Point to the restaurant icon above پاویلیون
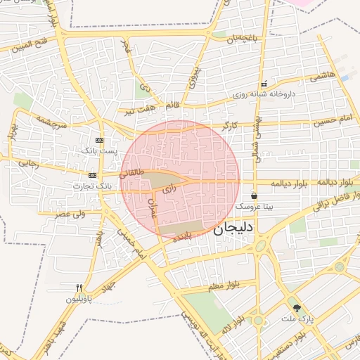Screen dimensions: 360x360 [x=79, y=287]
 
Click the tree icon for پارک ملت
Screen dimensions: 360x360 [x=297, y=307]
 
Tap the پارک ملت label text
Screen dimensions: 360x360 [x=296, y=319]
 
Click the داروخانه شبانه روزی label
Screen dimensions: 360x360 [x=264, y=94]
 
